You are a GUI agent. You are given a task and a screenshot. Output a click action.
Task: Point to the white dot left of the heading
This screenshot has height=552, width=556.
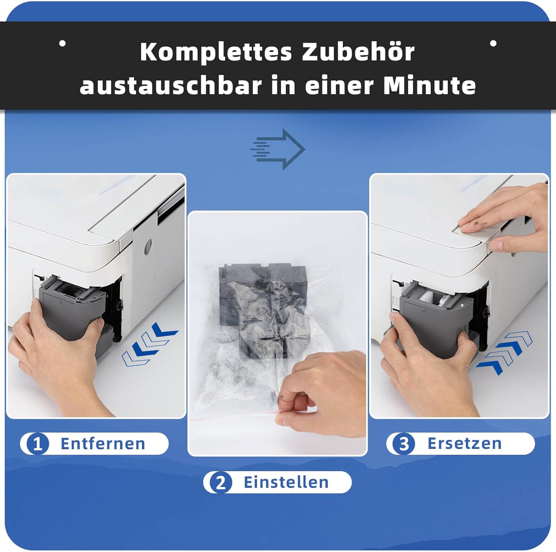[x=63, y=43]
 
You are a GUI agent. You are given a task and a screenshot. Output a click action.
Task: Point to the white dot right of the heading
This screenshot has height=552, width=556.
[x=493, y=43]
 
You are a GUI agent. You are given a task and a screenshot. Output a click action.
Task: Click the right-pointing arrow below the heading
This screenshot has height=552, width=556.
[x=278, y=149]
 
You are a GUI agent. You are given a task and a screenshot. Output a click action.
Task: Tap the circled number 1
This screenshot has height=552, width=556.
[x=37, y=444]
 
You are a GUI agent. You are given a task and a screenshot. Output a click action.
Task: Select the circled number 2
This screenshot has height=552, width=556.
[x=221, y=483]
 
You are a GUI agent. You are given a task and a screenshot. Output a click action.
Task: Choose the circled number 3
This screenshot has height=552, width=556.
[x=403, y=444]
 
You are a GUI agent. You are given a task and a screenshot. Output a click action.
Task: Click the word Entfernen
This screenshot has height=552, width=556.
[x=103, y=444]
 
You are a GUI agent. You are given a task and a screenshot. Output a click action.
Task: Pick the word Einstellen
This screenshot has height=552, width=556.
[x=286, y=483]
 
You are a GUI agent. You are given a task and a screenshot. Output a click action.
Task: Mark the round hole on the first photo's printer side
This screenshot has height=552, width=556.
[x=148, y=247]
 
